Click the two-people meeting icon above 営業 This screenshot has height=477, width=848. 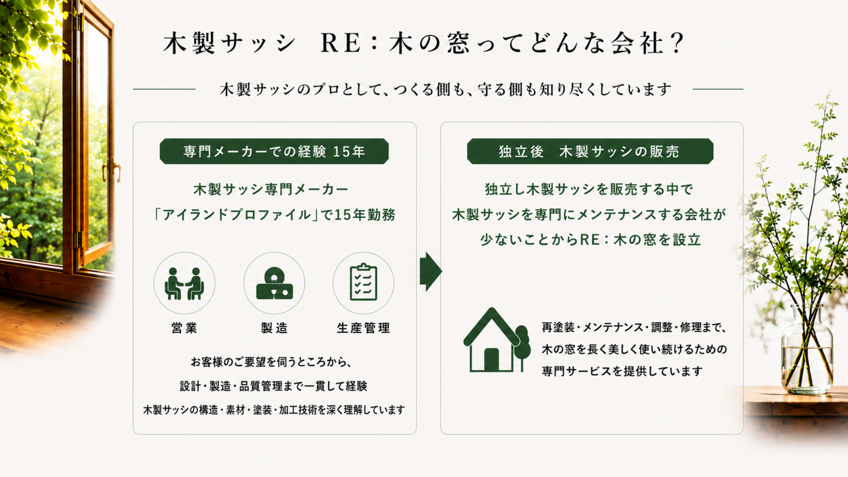pos(184,284)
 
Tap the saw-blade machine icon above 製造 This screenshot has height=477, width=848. pos(274,284)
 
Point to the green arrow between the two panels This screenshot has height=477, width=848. pos(430,272)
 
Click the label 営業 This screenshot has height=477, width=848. pos(184,328)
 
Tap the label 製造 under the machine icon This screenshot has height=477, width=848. pos(274,328)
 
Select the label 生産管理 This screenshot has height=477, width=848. pos(363,328)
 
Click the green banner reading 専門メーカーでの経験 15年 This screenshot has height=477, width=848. pos(274,151)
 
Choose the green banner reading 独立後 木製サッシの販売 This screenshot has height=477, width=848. pos(590,151)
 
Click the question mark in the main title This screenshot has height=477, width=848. pos(677,43)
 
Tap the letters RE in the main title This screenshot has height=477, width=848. pos(340,43)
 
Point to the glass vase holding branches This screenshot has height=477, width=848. pos(806,349)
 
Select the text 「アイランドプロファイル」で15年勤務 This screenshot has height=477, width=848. pos(274,215)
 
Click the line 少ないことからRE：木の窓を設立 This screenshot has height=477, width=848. pos(591,240)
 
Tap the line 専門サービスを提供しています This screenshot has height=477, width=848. pos(622,371)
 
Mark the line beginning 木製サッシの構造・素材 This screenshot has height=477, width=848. pos(274,410)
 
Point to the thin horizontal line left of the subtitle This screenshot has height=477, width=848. pos(164,89)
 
